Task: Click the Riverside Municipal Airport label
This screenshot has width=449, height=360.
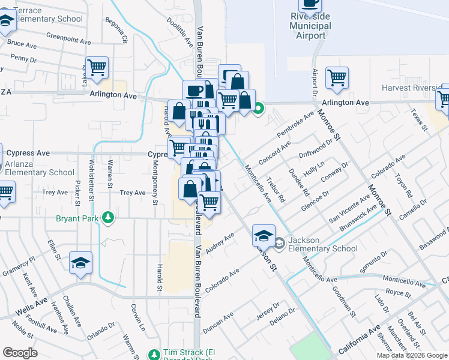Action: coord(310,26)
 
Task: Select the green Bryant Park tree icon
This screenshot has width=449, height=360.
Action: coord(108,217)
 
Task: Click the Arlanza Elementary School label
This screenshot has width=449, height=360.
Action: coord(40,168)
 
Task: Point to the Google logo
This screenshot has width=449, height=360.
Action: coord(20,353)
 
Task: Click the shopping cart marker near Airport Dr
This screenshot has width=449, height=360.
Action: coord(337,77)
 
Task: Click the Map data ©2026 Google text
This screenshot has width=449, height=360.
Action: coord(411,355)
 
